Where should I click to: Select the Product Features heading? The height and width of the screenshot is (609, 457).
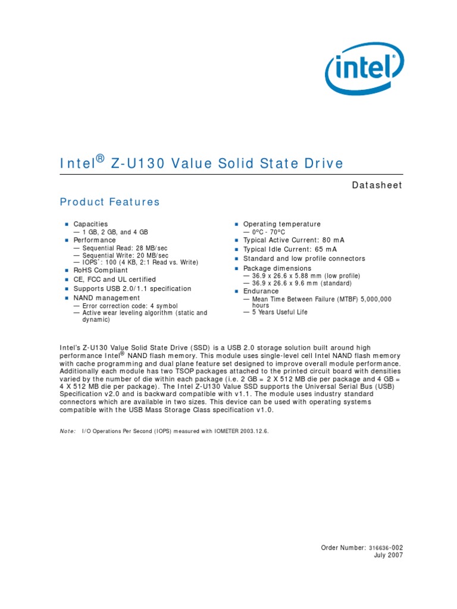pyautogui.click(x=110, y=202)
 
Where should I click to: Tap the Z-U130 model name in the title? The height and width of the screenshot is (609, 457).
pyautogui.click(x=137, y=164)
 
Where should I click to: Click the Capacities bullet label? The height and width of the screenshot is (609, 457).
pyautogui.click(x=90, y=224)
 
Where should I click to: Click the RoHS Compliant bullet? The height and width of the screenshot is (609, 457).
pyautogui.click(x=101, y=270)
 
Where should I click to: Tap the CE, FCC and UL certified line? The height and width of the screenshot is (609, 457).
pyautogui.click(x=114, y=280)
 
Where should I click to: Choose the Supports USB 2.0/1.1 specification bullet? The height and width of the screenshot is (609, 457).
pyautogui.click(x=132, y=289)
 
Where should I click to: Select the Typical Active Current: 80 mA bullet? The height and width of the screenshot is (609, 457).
pyautogui.click(x=293, y=240)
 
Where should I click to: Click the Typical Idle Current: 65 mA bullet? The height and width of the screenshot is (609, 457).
pyautogui.click(x=290, y=250)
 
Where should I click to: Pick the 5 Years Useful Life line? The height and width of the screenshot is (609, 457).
pyautogui.click(x=280, y=312)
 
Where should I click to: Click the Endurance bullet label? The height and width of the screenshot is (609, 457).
pyautogui.click(x=261, y=291)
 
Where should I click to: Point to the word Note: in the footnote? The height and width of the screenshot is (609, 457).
pyautogui.click(x=67, y=431)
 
